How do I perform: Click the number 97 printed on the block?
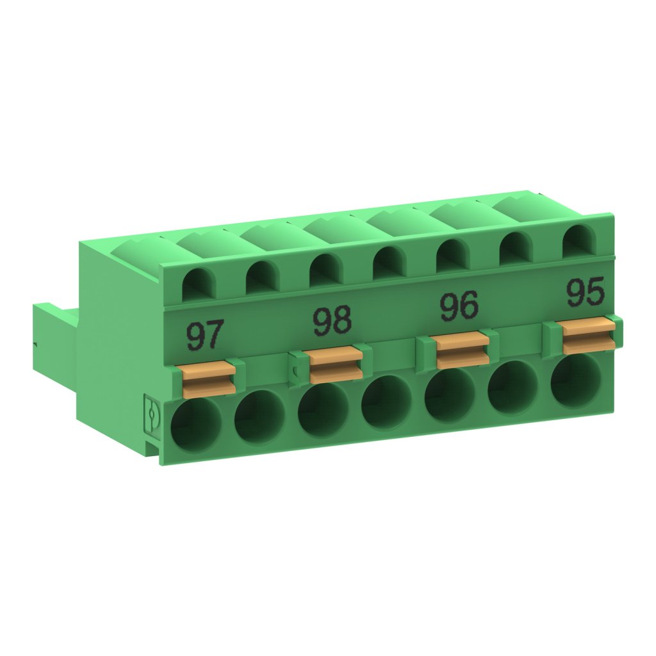coord(206,336)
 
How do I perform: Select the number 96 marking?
coord(459,306)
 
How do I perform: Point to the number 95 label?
coord(585,293)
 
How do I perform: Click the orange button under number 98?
coord(336,363)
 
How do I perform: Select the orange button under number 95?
coord(589,335)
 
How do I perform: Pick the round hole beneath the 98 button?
coord(322,410)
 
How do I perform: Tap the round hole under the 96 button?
coord(449,396)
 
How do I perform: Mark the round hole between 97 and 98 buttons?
coord(259,417)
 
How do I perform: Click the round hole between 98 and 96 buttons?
coord(386,403)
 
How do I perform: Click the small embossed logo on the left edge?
coord(151,414)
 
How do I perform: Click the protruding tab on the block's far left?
coord(54,346)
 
